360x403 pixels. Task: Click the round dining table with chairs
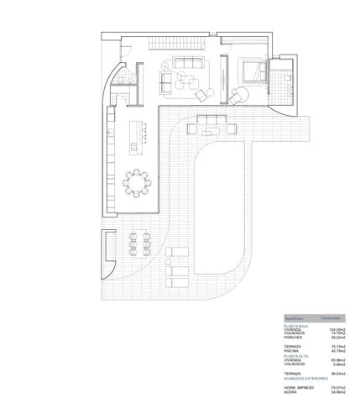[136, 182]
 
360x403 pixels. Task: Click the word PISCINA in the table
[290, 351]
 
